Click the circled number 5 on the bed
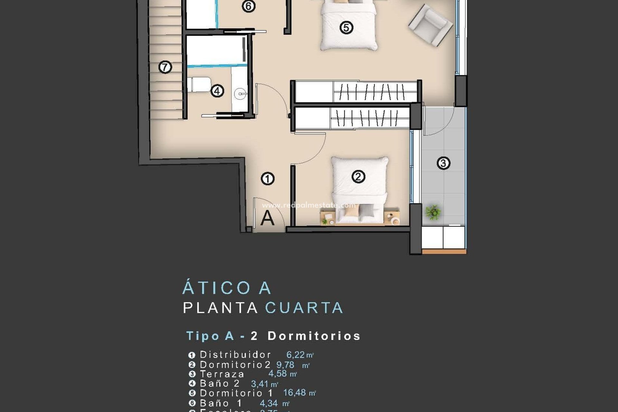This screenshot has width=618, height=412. [x=346, y=27]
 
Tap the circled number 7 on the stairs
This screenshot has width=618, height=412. [x=165, y=67]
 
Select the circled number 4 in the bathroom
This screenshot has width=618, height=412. [x=217, y=91]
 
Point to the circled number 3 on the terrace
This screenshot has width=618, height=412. [x=443, y=163]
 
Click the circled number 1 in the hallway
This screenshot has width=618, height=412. [x=267, y=179]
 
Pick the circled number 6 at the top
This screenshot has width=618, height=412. [x=248, y=6]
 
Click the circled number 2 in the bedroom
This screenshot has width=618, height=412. [x=358, y=176]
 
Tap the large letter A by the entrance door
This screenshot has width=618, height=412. [x=267, y=218]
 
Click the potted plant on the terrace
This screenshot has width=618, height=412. [x=433, y=212]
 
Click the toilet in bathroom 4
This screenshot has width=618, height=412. [x=200, y=84]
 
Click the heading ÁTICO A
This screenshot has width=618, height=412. [x=227, y=288]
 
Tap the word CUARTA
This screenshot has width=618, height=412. [x=304, y=308]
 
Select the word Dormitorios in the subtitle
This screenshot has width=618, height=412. [x=314, y=336]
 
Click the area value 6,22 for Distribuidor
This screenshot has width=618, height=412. [x=295, y=355]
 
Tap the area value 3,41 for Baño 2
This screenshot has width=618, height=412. [x=259, y=384]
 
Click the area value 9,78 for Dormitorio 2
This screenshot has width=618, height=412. [x=286, y=365]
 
